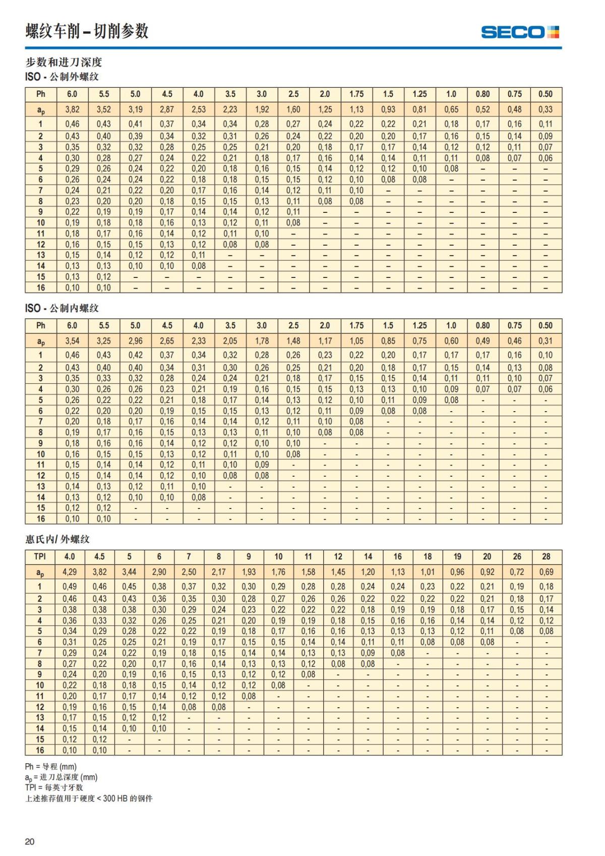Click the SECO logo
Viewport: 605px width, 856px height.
click(520, 32)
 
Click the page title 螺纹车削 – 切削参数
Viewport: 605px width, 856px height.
click(87, 31)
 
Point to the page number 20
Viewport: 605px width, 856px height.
click(30, 841)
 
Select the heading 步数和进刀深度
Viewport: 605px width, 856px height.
click(64, 62)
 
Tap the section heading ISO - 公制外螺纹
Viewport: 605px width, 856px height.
click(62, 77)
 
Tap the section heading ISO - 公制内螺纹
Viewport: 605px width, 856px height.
click(62, 308)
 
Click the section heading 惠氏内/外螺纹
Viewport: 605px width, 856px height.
click(57, 539)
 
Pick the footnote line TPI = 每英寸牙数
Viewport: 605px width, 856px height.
click(54, 787)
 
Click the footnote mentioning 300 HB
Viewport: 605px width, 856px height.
click(89, 798)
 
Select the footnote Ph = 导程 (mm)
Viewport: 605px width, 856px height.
click(51, 767)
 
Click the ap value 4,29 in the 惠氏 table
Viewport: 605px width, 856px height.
click(70, 572)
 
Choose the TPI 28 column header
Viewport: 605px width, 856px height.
click(546, 556)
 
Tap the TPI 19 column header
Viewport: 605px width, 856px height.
click(457, 556)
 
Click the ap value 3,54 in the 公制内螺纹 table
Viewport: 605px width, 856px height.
click(72, 340)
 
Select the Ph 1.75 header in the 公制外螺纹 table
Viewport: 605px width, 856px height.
click(356, 94)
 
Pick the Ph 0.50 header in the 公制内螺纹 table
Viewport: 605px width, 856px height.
click(545, 325)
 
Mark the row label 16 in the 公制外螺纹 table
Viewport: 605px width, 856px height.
click(41, 288)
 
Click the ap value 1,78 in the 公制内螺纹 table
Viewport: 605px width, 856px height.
click(262, 340)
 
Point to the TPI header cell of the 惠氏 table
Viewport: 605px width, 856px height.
click(40, 556)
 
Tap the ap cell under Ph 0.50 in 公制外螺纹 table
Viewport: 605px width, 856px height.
click(545, 109)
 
